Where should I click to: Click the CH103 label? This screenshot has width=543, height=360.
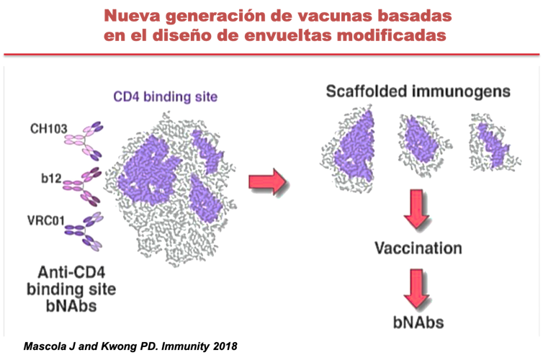click(x=49, y=130)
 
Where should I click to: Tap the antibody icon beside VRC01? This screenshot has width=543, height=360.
click(x=84, y=230)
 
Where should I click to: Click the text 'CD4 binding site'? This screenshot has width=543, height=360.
click(x=165, y=96)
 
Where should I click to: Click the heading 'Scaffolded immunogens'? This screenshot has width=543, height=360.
click(x=418, y=91)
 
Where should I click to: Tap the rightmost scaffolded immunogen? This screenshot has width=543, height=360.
click(x=493, y=141)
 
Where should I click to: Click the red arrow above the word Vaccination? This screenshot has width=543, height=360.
click(x=417, y=209)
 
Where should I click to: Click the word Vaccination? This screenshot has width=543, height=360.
click(x=418, y=248)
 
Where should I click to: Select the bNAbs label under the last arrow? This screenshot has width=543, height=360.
click(x=418, y=323)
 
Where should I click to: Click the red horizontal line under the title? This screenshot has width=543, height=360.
click(x=271, y=54)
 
